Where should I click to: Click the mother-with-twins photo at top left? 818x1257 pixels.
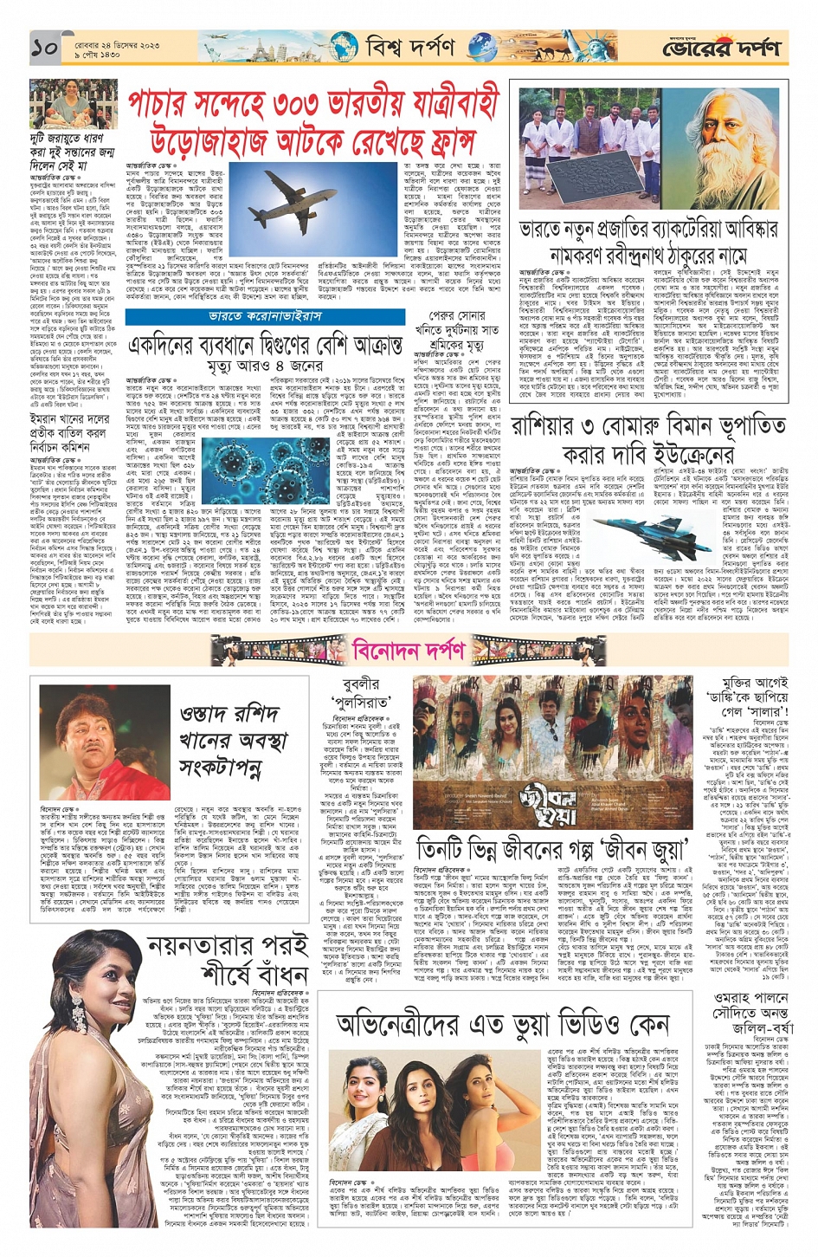[x=74, y=104]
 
